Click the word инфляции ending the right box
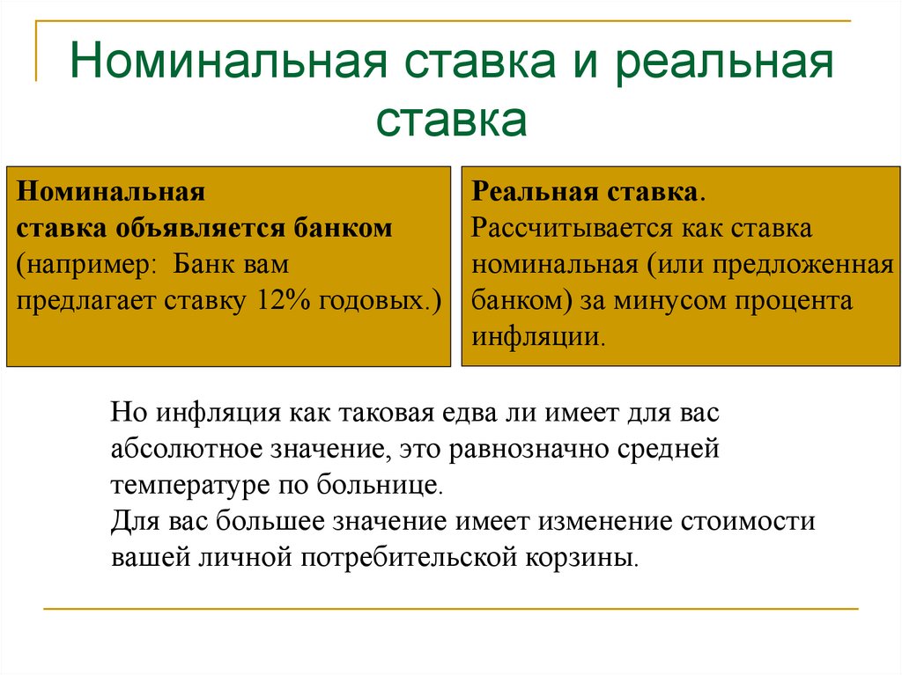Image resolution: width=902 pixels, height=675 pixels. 536,338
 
